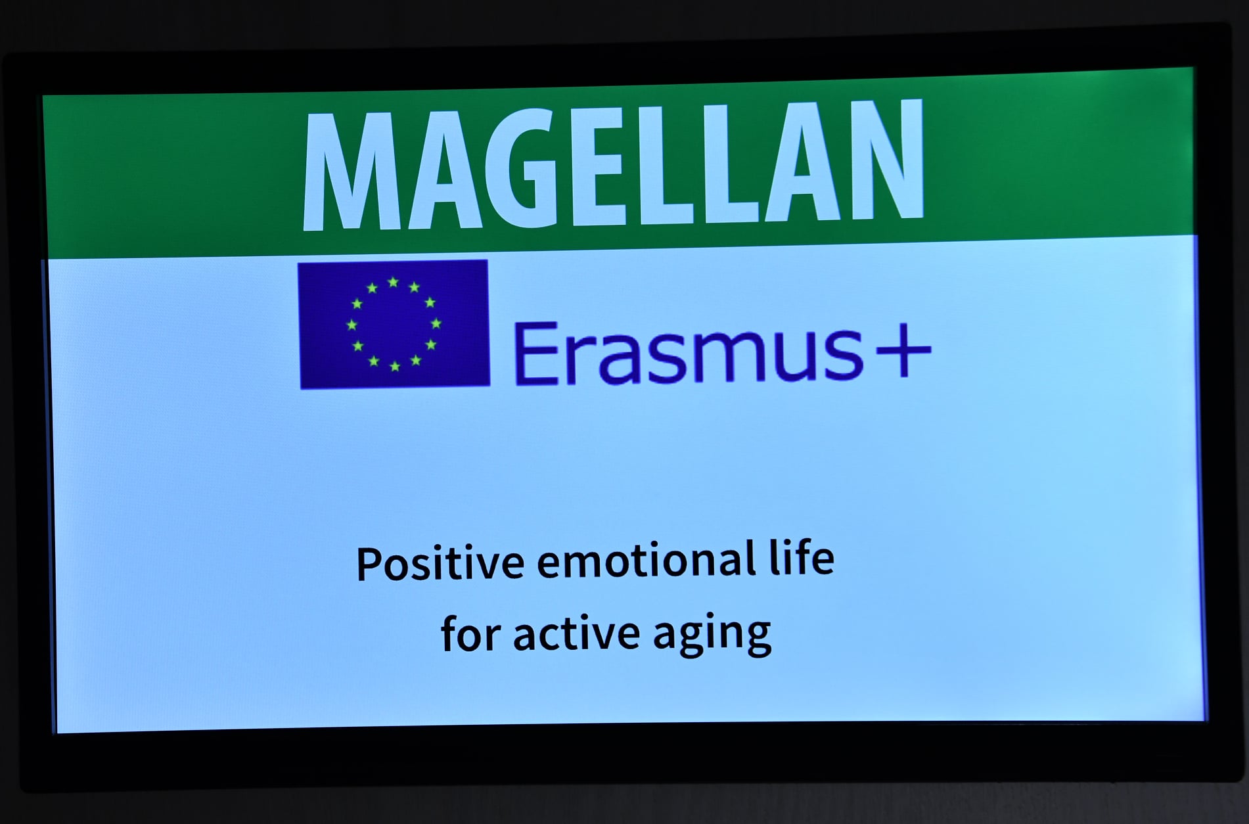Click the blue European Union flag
pyautogui.click(x=394, y=324)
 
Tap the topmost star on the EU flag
pyautogui.click(x=393, y=283)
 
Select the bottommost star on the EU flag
pyautogui.click(x=395, y=366)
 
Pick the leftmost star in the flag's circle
pyautogui.click(x=352, y=325)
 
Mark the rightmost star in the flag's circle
pyautogui.click(x=436, y=323)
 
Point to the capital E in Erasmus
pyautogui.click(x=533, y=353)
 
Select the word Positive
pyautogui.click(x=440, y=563)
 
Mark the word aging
pyautogui.click(x=712, y=635)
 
